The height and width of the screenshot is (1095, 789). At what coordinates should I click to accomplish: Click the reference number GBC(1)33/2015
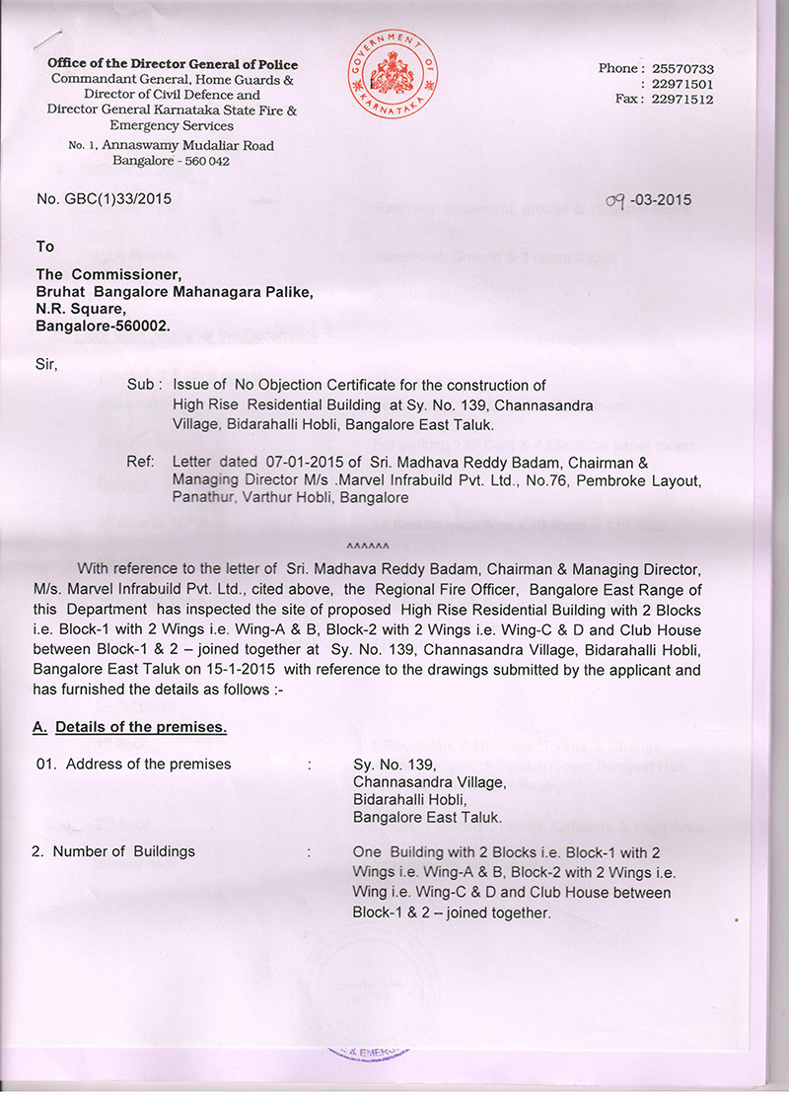pyautogui.click(x=104, y=199)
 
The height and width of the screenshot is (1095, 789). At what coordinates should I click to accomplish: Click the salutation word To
pyautogui.click(x=45, y=247)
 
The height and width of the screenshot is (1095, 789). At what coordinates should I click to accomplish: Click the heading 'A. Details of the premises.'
pyautogui.click(x=130, y=728)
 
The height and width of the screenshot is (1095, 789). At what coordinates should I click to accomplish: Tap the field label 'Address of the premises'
pyautogui.click(x=142, y=764)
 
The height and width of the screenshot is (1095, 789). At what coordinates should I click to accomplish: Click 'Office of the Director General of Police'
pyautogui.click(x=173, y=64)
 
